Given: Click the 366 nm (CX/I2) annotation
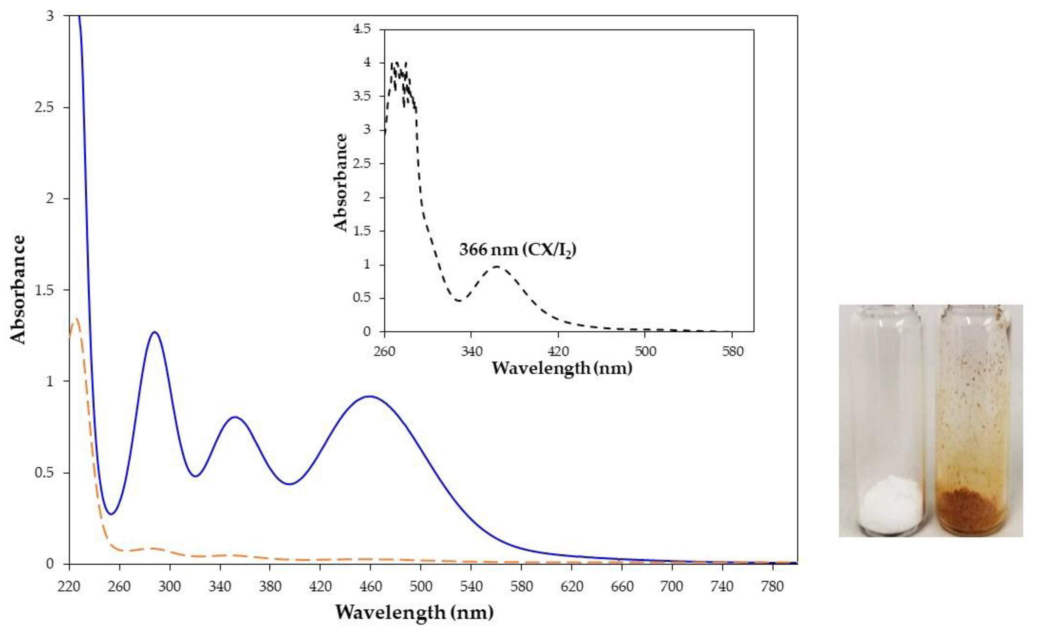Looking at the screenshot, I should (517, 250).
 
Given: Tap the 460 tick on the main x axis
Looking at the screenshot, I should (370, 586).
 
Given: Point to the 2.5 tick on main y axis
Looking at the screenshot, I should (47, 108).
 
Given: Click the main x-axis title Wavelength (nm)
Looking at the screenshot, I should (414, 612).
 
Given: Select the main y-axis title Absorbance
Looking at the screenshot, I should (18, 290).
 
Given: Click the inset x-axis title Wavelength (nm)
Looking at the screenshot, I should (562, 368).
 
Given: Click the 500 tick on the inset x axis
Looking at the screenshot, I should (645, 351).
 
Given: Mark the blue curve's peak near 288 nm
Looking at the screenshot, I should (155, 332).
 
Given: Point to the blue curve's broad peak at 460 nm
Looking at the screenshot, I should (370, 396).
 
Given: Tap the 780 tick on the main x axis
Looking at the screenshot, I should (772, 586).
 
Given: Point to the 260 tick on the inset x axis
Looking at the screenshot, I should (384, 351).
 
